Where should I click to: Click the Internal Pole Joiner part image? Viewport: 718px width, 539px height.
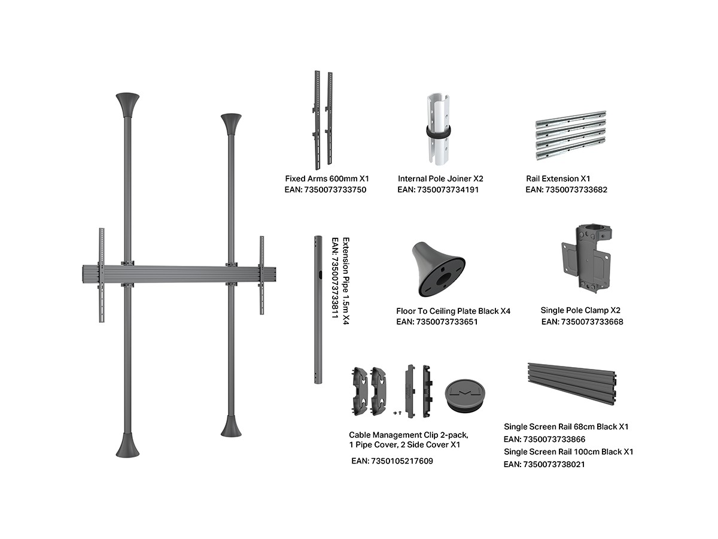click(438, 130)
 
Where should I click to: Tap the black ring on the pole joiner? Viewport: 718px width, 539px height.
click(438, 132)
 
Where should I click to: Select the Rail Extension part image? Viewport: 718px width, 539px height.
click(570, 135)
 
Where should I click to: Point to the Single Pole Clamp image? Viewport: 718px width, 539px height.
click(586, 258)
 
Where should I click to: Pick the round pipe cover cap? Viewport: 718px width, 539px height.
click(464, 395)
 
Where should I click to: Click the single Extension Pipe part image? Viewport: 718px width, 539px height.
click(318, 310)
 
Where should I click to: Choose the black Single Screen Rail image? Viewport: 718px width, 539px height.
click(572, 383)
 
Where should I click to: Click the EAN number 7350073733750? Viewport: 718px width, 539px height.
click(335, 190)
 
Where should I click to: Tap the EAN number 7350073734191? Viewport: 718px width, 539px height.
click(448, 190)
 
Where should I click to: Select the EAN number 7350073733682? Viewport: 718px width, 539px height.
click(576, 190)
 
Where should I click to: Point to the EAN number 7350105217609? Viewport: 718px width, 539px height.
click(402, 461)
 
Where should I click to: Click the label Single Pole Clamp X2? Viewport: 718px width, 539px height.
click(580, 310)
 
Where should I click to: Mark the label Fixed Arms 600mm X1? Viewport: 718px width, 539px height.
click(327, 178)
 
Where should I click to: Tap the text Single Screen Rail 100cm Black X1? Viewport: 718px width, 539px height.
click(568, 452)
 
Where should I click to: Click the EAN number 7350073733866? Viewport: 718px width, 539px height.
click(554, 439)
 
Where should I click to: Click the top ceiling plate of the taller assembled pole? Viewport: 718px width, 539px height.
click(127, 105)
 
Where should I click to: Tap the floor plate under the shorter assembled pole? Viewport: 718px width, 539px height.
click(231, 426)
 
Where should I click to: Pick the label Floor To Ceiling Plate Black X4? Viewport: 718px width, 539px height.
click(453, 311)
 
